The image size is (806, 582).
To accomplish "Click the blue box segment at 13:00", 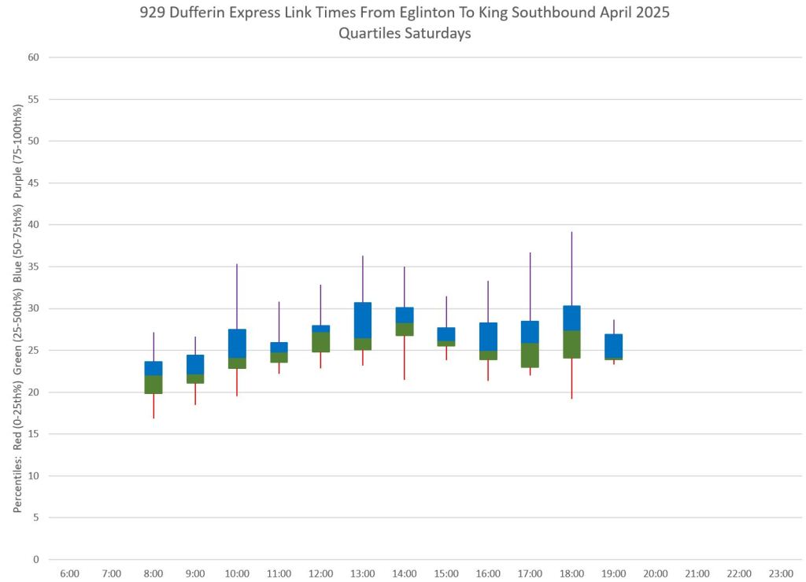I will (x=363, y=320).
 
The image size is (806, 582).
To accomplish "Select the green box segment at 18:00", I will (x=571, y=344).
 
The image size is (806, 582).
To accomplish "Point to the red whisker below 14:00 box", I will (x=405, y=358).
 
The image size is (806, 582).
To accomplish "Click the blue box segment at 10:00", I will (x=237, y=344).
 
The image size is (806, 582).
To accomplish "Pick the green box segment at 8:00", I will (x=153, y=385).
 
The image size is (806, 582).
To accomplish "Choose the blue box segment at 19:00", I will (x=613, y=346).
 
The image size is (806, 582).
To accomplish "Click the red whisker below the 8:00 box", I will (x=153, y=406).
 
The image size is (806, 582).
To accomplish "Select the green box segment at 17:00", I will (x=530, y=355).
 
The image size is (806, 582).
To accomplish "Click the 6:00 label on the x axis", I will (x=69, y=574).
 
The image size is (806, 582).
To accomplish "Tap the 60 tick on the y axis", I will (x=34, y=57).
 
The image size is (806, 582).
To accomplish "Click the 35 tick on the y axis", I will (x=34, y=267).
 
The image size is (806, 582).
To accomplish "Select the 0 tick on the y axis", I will (x=36, y=559).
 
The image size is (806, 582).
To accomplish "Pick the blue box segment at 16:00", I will (x=488, y=337).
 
